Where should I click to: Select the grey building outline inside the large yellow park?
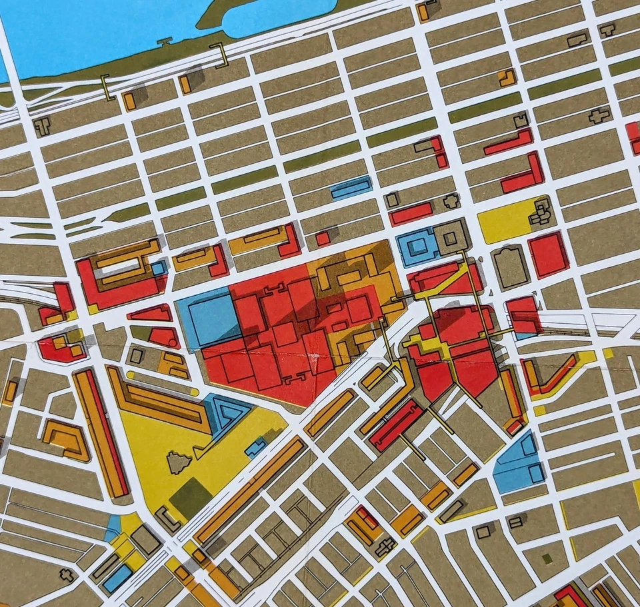click(x=178, y=462)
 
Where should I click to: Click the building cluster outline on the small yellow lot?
click(x=540, y=213)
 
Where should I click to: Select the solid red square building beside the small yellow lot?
click(x=549, y=254)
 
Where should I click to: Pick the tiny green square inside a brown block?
click(x=547, y=558)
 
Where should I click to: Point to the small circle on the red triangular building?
click(x=173, y=342)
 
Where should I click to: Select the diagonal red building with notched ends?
click(x=397, y=424)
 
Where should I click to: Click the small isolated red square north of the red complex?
click(x=323, y=238)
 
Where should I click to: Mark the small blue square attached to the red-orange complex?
click(x=159, y=268)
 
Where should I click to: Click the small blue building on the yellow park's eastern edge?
click(x=255, y=447)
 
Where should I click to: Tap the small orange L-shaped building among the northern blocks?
click(x=507, y=77)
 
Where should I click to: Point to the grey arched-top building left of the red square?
click(x=511, y=267)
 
